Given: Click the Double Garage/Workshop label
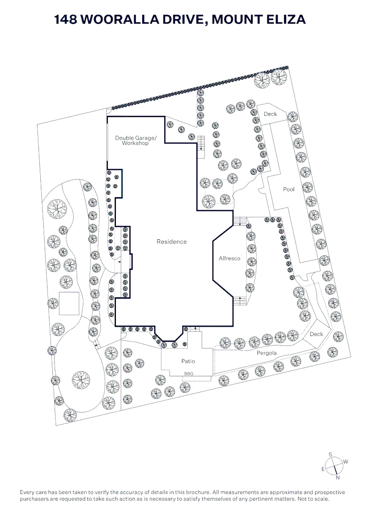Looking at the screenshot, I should tap(132, 140).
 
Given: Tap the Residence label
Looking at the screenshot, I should tap(172, 242).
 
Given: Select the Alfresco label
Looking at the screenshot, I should tap(229, 258).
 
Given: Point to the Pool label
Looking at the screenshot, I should tap(289, 190).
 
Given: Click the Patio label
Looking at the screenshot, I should tap(188, 361).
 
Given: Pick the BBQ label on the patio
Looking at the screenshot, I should tap(188, 373).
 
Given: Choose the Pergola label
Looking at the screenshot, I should tap(267, 353).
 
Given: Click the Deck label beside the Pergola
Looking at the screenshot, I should tap(316, 334).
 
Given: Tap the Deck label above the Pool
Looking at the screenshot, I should tap(270, 114).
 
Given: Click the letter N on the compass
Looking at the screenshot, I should tap(337, 477).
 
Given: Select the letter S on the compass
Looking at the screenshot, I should tap(330, 454).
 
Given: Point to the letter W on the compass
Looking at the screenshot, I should tap(346, 462).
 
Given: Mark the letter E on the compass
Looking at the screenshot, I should tap(323, 469).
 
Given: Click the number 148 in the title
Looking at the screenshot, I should tap(66, 20).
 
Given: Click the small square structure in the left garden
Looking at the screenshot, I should tap(69, 303).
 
